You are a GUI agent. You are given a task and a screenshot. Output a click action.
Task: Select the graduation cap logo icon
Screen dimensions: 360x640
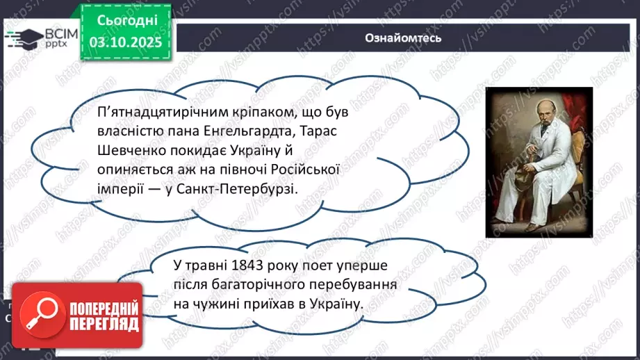click(x=22, y=38)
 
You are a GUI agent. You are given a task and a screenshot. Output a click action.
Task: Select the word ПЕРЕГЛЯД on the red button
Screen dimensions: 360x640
click(x=105, y=324)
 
